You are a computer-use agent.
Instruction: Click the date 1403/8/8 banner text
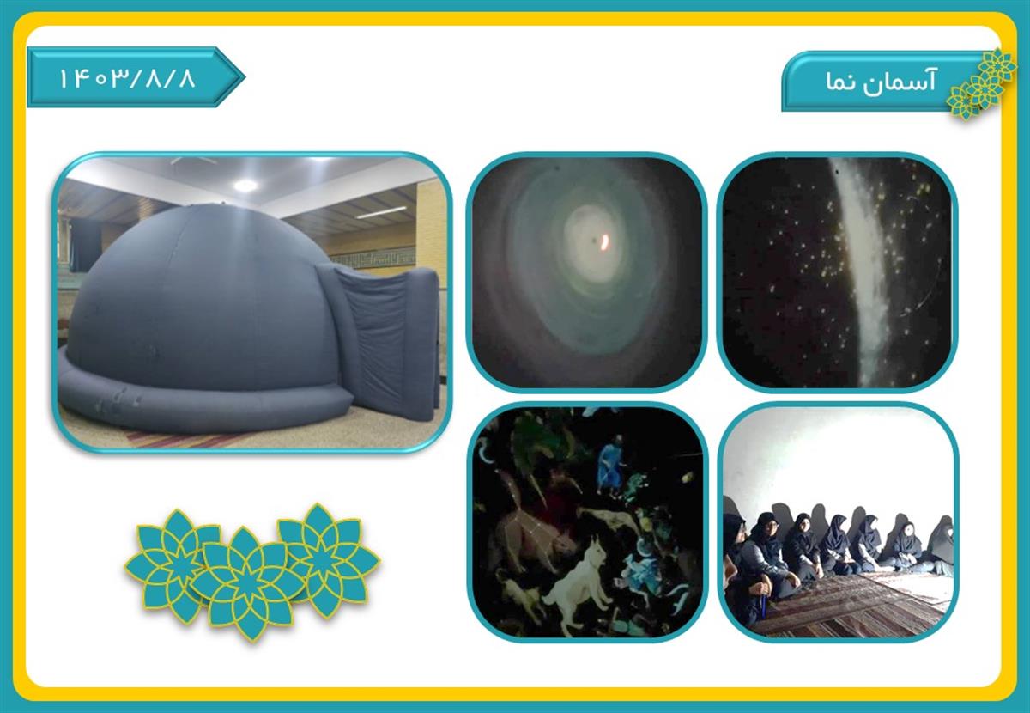click(127, 79)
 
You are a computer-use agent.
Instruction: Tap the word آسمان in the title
click(908, 82)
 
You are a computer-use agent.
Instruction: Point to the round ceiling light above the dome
click(245, 185)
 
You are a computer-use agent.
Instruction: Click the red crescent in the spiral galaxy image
click(604, 241)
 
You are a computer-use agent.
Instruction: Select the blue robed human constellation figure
click(610, 465)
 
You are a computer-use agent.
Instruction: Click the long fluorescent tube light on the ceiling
click(382, 212)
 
